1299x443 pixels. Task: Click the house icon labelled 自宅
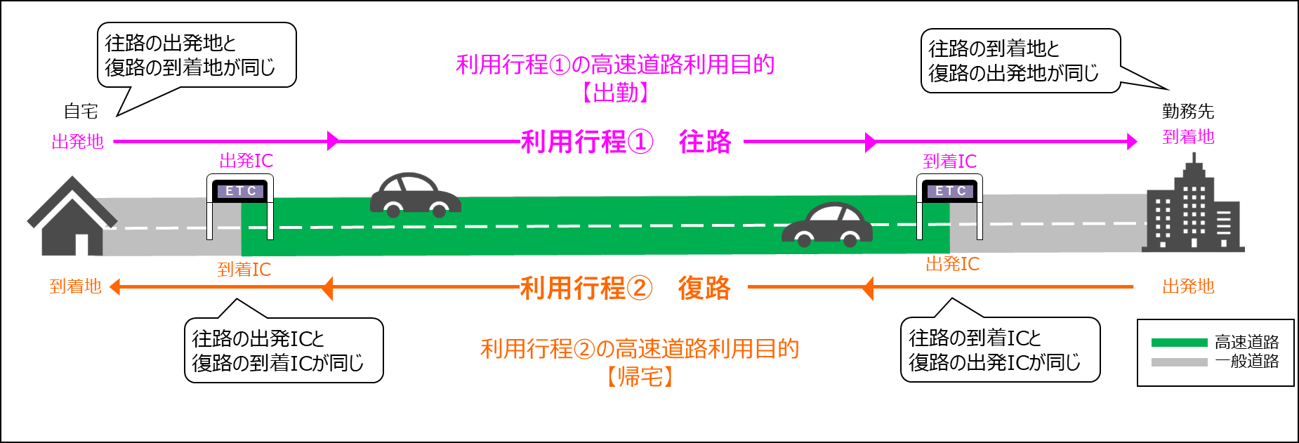coord(72,218)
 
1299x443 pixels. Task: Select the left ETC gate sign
coord(240,191)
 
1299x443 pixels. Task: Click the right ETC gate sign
coord(950,191)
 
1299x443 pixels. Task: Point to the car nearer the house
coord(415,194)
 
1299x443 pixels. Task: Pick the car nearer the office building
coord(827,225)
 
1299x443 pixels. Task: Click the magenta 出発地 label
coord(77,142)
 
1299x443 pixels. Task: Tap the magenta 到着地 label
coord(1188,137)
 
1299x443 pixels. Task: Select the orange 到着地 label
coord(76,286)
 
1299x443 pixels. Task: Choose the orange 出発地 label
coord(1188,286)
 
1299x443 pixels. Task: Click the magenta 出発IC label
coord(246,161)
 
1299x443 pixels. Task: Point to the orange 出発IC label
coord(952,264)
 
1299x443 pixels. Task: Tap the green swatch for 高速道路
coord(1179,343)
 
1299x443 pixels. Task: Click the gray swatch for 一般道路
coord(1179,362)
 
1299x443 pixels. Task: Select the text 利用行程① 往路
coord(626,142)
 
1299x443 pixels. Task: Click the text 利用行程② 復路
coord(625,288)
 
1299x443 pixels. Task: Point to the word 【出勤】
coord(615,93)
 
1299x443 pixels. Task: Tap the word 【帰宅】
coord(640,377)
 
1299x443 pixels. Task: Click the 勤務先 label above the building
coord(1188,111)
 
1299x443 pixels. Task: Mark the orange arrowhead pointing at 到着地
coord(115,286)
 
